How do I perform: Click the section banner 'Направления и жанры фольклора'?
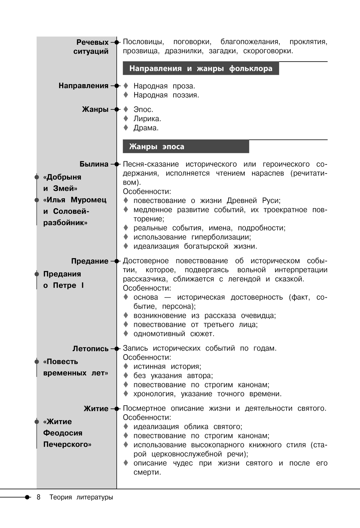coord(201,68)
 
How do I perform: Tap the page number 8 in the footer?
coord(39,497)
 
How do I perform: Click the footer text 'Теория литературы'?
coord(81,497)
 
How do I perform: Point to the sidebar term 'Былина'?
coord(94,164)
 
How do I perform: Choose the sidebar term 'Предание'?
coord(90,261)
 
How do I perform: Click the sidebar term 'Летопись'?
coord(90,348)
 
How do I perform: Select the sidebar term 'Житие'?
coord(96,409)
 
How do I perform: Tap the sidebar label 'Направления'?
coord(84,86)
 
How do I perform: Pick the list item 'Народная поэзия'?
coord(166,95)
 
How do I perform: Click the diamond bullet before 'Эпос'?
coord(126,109)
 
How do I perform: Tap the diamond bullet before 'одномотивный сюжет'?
coord(126,334)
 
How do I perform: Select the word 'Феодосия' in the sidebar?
coord(63,433)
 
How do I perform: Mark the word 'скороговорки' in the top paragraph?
coord(267,51)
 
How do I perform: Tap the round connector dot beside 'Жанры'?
coord(116,109)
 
